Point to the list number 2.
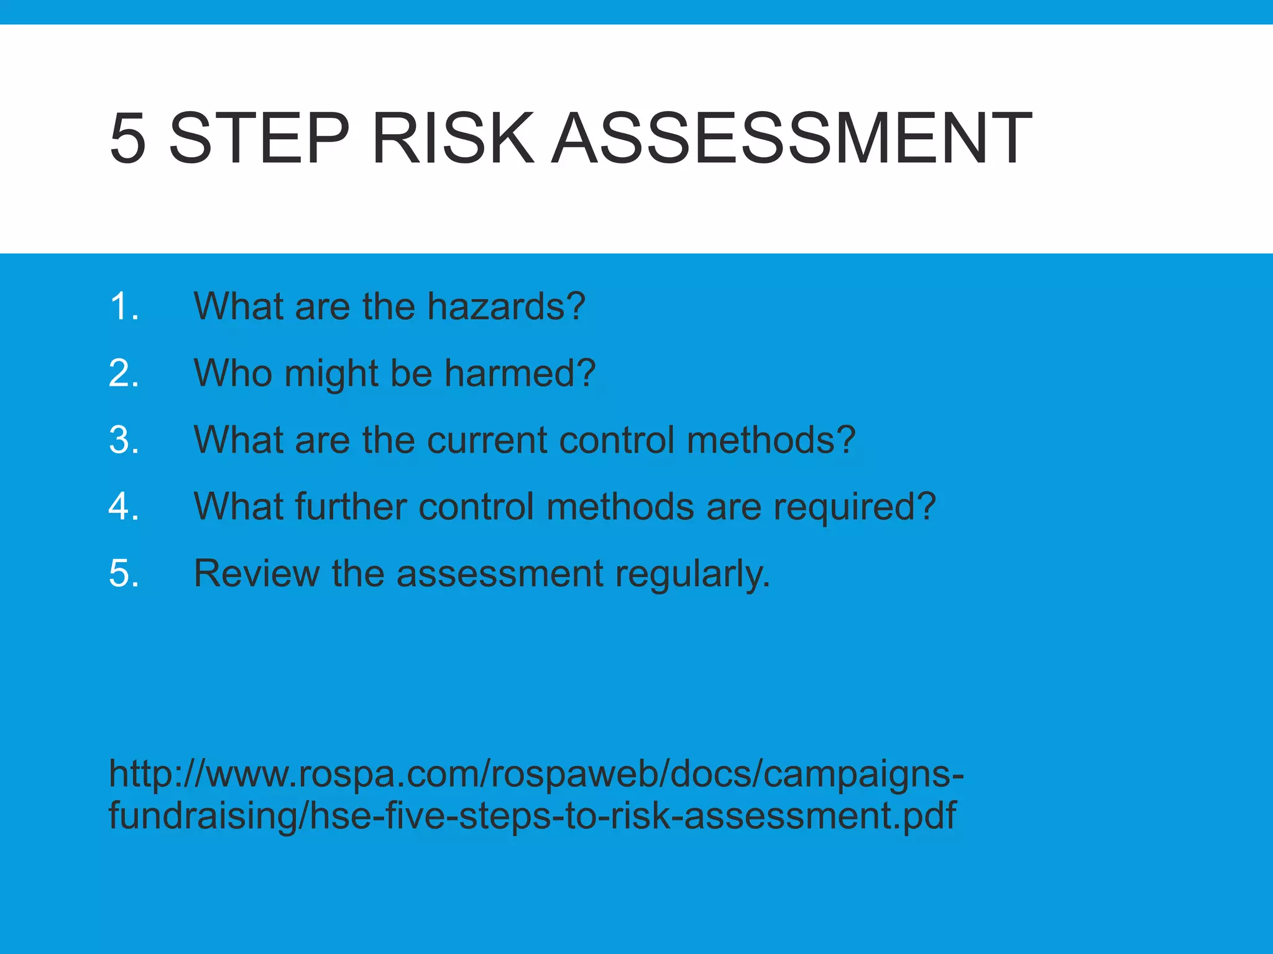pyautogui.click(x=123, y=373)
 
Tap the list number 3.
pyautogui.click(x=123, y=440)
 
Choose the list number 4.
pyautogui.click(x=123, y=506)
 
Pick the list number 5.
pyautogui.click(x=123, y=573)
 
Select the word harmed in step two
pyautogui.click(x=520, y=373)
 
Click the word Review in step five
pyautogui.click(x=256, y=573)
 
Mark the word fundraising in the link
pyautogui.click(x=203, y=816)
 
